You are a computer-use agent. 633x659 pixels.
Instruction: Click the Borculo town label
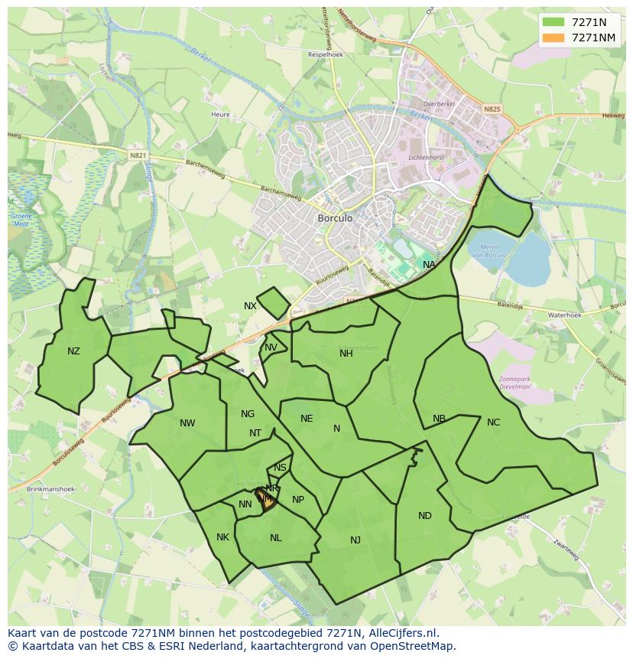335,218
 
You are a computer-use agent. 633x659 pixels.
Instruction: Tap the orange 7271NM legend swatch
553,38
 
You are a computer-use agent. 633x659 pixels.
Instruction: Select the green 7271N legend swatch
553,22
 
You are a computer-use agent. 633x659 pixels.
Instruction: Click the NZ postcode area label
73,351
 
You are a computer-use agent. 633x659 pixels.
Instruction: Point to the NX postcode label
250,306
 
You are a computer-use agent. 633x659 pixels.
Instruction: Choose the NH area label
346,353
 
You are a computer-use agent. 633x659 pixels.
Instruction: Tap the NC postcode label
493,422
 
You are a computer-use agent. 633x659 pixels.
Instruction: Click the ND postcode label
425,516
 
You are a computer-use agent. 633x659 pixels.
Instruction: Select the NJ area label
355,540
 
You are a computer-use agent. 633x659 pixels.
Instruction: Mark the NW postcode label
187,423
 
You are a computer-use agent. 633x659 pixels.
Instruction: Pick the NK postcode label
222,537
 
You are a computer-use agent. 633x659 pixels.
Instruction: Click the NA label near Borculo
429,265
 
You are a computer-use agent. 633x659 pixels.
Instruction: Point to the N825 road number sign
492,109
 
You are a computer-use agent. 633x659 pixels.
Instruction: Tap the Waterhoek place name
565,315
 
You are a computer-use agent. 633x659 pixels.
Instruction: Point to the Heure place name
220,115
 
